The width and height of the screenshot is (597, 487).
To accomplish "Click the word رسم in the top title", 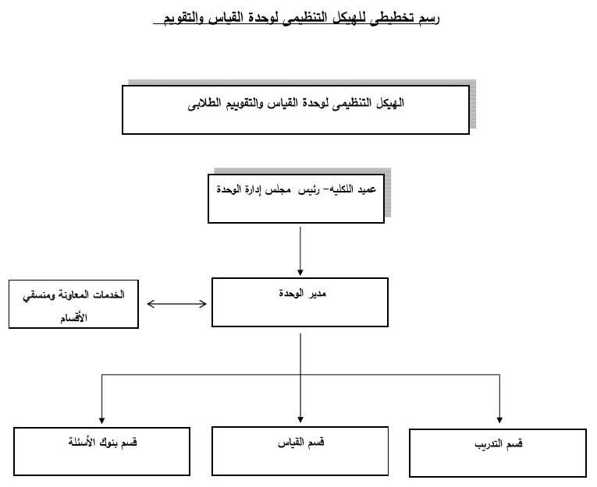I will (428, 17).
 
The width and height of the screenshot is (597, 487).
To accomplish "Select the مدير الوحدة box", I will (300, 304).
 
